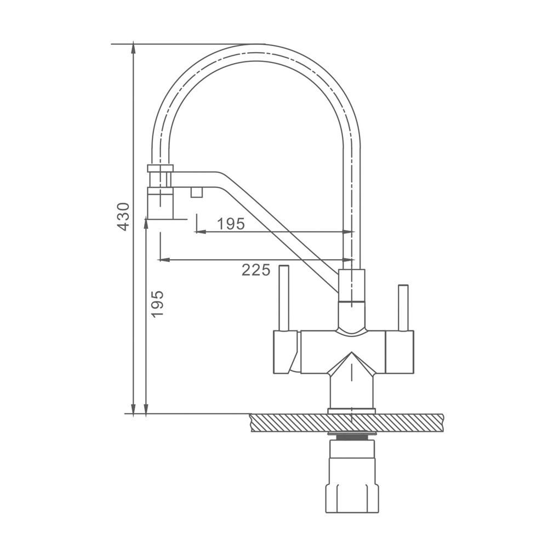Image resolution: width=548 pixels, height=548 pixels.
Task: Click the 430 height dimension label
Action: coord(123,216)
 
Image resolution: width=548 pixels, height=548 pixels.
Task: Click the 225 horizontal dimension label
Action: coord(256,270)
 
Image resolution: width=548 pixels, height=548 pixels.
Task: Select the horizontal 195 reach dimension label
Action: coord(231,224)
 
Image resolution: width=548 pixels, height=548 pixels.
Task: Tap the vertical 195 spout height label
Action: coord(158,304)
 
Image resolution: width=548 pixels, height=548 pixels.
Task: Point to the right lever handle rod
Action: coord(403,308)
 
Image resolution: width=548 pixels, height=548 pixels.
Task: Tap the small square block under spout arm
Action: coord(197,192)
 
